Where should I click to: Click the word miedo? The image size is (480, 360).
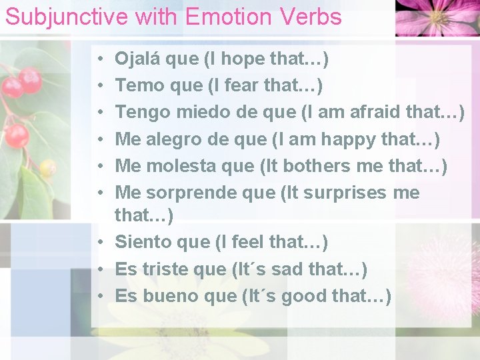(x=199, y=112)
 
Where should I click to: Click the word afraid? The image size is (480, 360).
(x=365, y=112)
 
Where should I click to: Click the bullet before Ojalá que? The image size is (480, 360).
(x=98, y=59)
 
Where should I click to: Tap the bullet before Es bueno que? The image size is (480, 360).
(x=98, y=296)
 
